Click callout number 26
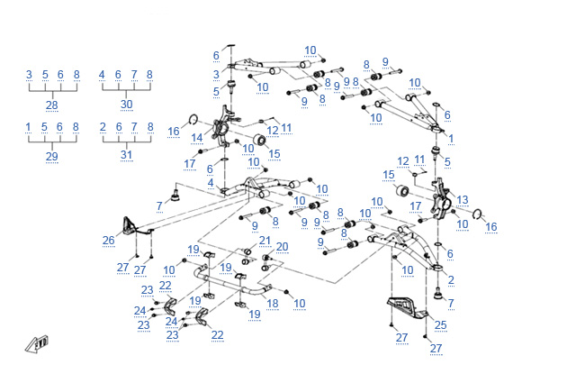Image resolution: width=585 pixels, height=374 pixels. coord(108,241)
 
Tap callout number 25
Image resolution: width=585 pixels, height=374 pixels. coord(440,325)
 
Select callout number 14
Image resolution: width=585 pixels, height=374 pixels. coord(196,138)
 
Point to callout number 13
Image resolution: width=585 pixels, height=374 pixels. coord(463,199)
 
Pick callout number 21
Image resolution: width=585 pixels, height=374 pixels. coord(264,241)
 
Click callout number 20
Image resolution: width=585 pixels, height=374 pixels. coord(282,246)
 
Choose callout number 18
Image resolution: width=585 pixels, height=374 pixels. coord(272,303)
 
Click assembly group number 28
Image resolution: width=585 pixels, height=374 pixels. coord(52,105)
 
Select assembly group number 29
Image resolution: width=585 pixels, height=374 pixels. coord(51,157)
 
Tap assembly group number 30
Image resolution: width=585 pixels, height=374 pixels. coord(126,105)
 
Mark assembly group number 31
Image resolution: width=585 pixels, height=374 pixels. coord(126,157)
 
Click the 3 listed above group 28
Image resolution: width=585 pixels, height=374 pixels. coord(29,75)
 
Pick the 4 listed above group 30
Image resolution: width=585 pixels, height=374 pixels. coord(102,75)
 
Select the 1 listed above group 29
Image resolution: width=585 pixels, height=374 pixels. coord(29,127)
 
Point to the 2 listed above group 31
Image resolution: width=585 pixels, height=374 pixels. coord(103,127)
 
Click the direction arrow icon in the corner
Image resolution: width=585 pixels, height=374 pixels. coord(37,345)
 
